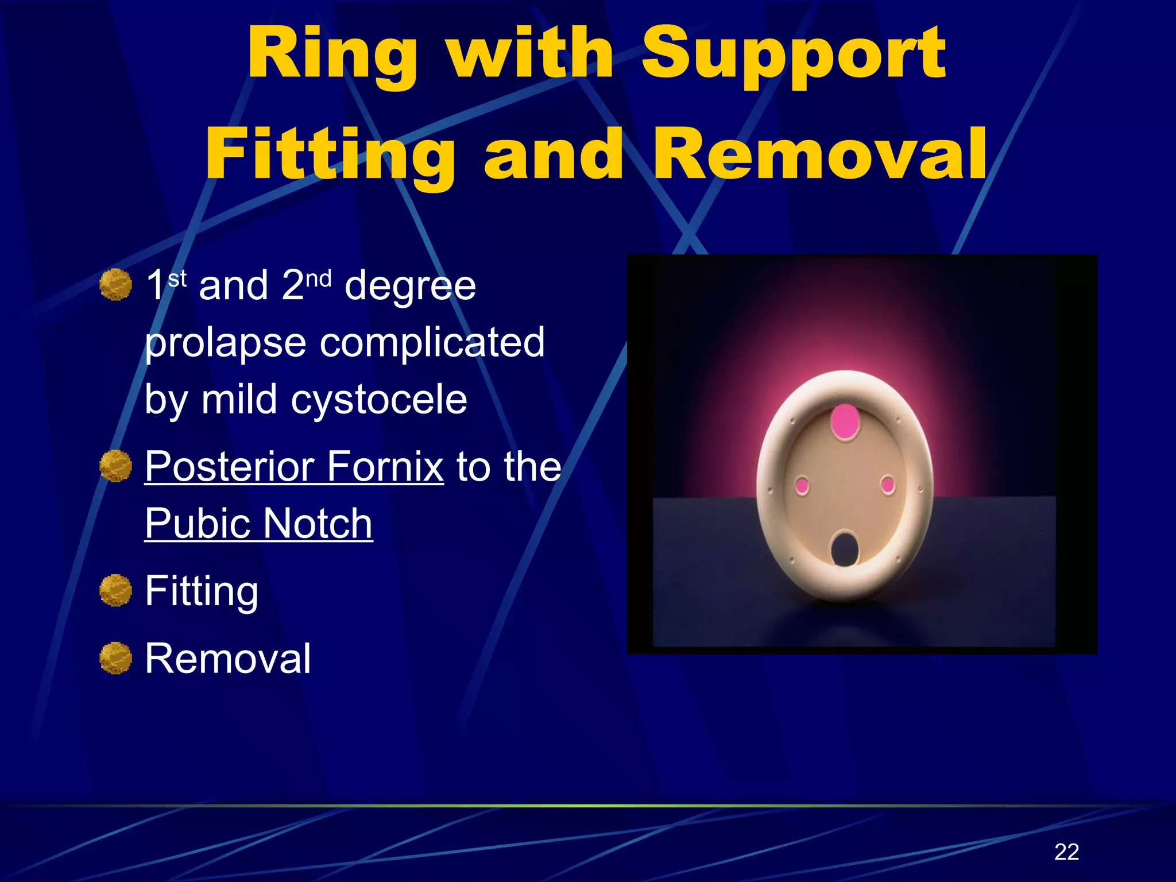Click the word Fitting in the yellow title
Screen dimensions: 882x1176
coord(330,155)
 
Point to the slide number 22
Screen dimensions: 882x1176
coord(1066,852)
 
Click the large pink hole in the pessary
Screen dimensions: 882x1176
coord(845,421)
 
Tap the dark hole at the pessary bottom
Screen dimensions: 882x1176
coord(845,549)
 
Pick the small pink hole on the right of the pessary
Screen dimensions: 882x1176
coord(888,485)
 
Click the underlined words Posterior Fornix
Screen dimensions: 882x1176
coord(294,466)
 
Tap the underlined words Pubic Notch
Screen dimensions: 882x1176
coord(258,523)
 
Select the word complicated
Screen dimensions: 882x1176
coord(432,343)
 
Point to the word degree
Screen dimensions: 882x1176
coord(410,286)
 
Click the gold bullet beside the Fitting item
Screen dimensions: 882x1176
coord(115,590)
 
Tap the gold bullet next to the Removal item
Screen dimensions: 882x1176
coord(115,658)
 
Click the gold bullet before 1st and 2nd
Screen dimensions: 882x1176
coord(115,285)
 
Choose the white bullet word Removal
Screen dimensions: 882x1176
coord(227,659)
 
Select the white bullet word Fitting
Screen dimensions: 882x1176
coord(202,591)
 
